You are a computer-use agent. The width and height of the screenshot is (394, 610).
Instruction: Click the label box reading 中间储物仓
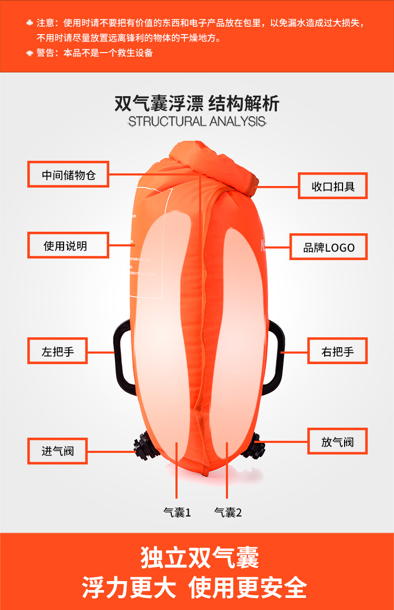coord(68,174)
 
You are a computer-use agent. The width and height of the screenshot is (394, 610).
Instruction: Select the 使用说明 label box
coord(68,245)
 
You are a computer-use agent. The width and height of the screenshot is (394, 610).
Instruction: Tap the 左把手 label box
coord(58,351)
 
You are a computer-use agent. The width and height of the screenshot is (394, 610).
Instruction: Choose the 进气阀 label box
coord(58,451)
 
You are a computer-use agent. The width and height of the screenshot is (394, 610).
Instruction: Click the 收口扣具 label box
coord(333,186)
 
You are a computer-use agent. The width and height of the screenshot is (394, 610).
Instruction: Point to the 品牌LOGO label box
coord(329,247)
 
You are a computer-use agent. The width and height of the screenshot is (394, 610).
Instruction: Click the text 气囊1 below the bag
coord(177,512)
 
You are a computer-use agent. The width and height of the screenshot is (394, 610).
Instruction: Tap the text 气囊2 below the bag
coord(228,512)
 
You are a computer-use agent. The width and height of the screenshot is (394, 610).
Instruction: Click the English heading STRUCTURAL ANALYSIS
coord(197,121)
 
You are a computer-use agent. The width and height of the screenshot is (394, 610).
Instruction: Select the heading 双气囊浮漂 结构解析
coord(197,104)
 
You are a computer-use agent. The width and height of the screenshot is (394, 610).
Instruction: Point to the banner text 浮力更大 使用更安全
coord(194,587)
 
